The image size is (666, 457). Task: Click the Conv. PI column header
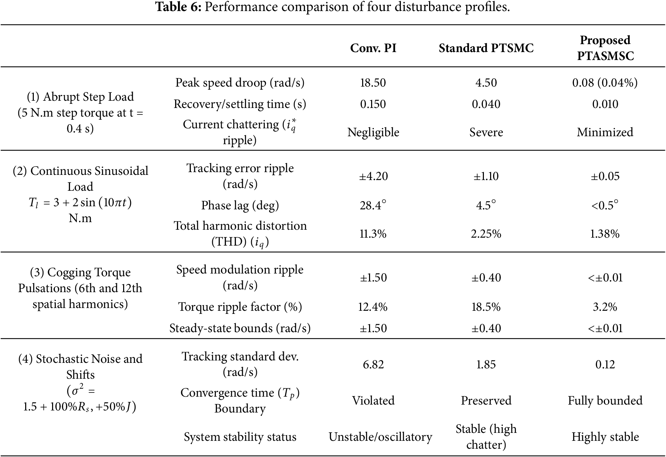pyautogui.click(x=373, y=48)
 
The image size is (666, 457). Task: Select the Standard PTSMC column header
pyautogui.click(x=486, y=48)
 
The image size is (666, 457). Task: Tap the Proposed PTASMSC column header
pyautogui.click(x=605, y=48)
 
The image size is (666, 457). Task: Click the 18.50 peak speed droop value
pyautogui.click(x=373, y=83)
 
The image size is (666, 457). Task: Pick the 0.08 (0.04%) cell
pyautogui.click(x=605, y=83)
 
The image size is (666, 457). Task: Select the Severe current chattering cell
pyautogui.click(x=486, y=132)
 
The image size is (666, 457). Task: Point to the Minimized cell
pyautogui.click(x=605, y=132)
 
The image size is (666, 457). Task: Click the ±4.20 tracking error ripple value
pyautogui.click(x=374, y=176)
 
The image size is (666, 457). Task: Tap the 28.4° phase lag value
pyautogui.click(x=373, y=205)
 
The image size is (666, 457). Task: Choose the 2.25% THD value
pyautogui.click(x=486, y=234)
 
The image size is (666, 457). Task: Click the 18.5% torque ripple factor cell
pyautogui.click(x=486, y=307)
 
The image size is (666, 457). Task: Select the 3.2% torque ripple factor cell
pyautogui.click(x=605, y=307)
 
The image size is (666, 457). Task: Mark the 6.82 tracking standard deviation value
pyautogui.click(x=373, y=365)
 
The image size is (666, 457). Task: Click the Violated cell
pyautogui.click(x=373, y=400)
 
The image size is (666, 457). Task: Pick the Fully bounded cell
pyautogui.click(x=605, y=400)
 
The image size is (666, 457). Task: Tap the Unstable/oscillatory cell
pyautogui.click(x=380, y=437)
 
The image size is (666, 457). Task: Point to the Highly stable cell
pyautogui.click(x=605, y=437)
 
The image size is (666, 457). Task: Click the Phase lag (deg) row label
pyautogui.click(x=240, y=205)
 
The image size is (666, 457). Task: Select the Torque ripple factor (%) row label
pyautogui.click(x=240, y=307)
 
